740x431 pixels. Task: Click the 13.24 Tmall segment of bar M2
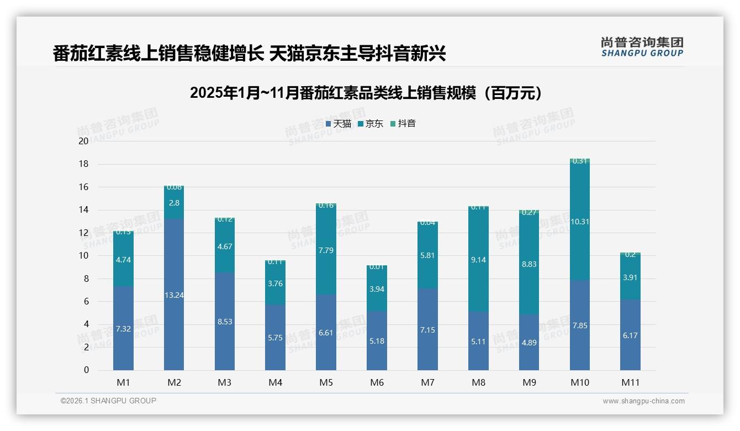click(174, 295)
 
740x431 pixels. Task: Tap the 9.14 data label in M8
click(478, 260)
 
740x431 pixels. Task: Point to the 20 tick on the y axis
click(83, 141)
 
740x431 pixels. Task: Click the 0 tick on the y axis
click(86, 370)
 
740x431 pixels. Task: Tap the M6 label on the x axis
click(377, 382)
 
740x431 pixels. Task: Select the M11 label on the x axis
click(630, 382)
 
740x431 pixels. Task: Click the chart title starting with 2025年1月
click(366, 93)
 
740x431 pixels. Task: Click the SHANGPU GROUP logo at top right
click(642, 47)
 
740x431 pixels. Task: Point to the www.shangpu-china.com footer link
click(643, 401)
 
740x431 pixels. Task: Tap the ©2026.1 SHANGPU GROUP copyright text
click(108, 401)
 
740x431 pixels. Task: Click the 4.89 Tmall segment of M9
click(529, 343)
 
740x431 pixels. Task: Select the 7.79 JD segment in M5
click(326, 250)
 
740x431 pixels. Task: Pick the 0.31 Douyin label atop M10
click(579, 161)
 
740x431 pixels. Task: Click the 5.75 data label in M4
click(275, 338)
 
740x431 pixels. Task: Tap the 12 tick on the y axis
click(83, 233)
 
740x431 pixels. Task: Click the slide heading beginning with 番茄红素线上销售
click(249, 54)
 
